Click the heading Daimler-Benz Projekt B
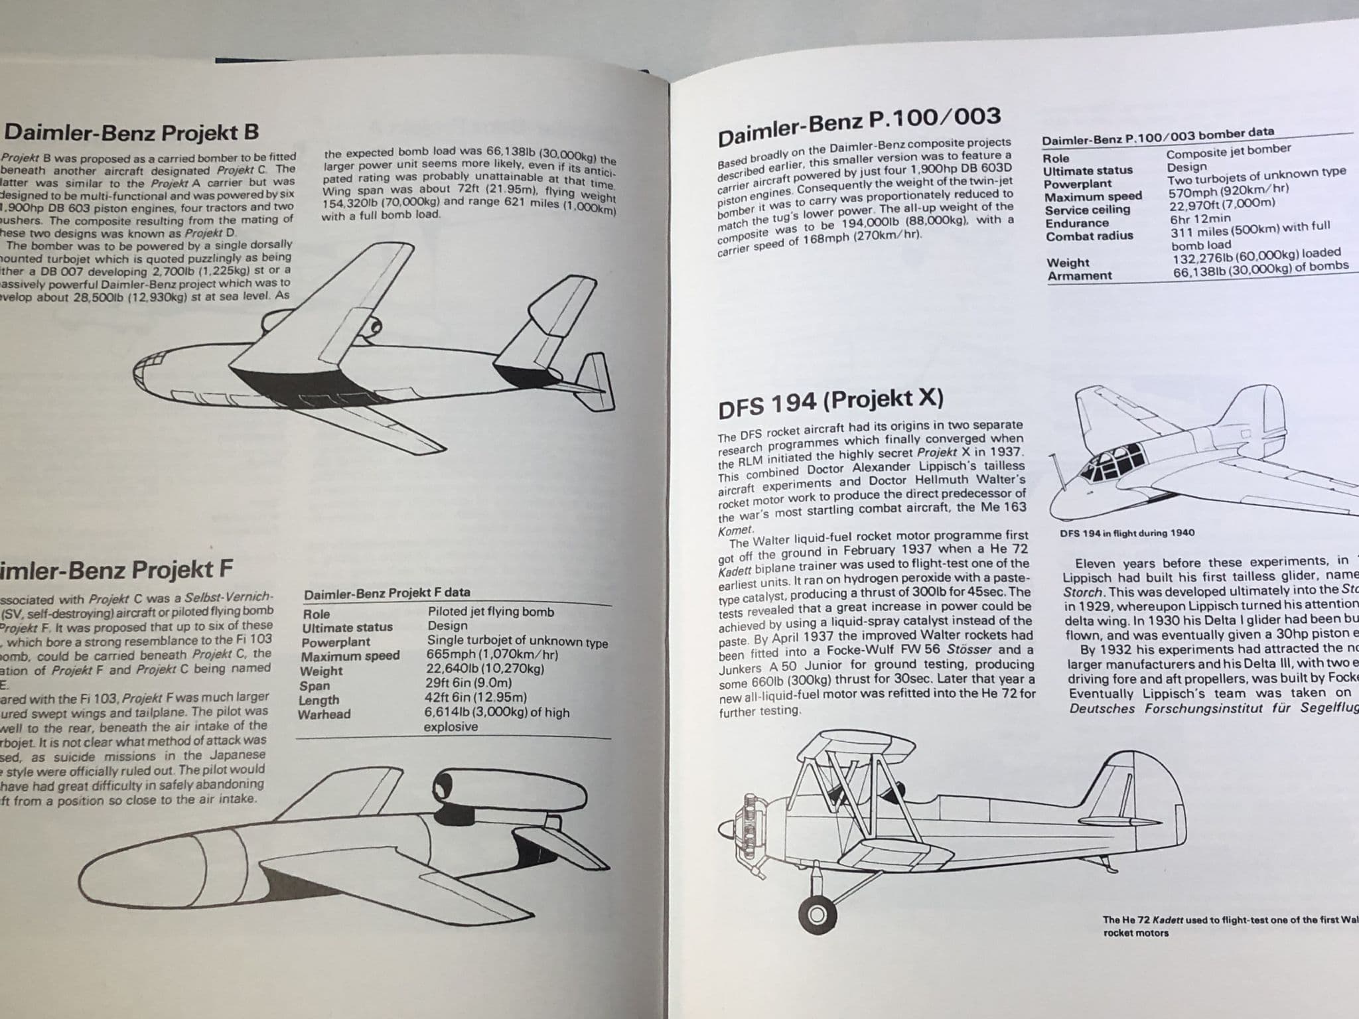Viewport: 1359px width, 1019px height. pyautogui.click(x=131, y=133)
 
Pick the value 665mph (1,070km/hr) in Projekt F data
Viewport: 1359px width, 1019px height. pyautogui.click(x=492, y=655)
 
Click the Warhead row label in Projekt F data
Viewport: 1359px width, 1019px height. pyautogui.click(x=324, y=714)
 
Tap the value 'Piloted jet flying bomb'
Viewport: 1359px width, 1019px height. pyautogui.click(x=490, y=612)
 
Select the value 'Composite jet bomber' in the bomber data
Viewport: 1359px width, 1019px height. pyautogui.click(x=1228, y=152)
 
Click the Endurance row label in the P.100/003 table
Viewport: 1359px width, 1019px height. pyautogui.click(x=1077, y=223)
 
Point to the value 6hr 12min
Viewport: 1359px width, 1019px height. pyautogui.click(x=1200, y=218)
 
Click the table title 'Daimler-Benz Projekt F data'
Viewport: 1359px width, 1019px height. pyautogui.click(x=387, y=593)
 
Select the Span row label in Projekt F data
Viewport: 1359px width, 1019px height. pyautogui.click(x=315, y=685)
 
